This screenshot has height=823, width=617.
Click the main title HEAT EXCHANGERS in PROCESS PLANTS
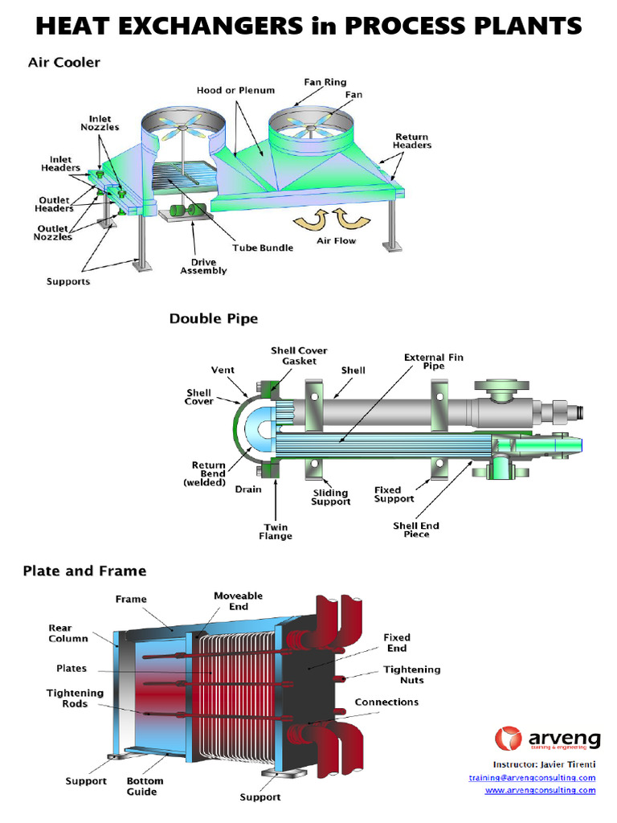pos(308,27)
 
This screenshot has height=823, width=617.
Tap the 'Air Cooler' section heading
pos(64,62)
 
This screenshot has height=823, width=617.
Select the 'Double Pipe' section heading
pos(214,319)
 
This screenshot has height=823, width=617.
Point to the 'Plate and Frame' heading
pos(84,571)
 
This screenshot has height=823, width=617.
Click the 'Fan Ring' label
pos(325,82)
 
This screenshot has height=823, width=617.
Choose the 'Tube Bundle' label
pos(263,248)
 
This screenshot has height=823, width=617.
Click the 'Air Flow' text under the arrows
pos(336,240)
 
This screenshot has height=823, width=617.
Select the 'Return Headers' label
pos(411,141)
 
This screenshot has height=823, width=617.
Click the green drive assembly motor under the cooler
pos(187,211)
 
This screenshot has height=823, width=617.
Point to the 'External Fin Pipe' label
pos(433,361)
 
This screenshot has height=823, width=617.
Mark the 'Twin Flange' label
pos(276,531)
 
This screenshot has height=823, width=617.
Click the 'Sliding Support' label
pos(331,497)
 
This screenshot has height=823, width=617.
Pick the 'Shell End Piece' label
pos(416,530)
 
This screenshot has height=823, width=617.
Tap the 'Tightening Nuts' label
pos(411,674)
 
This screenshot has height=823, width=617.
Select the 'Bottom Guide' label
pos(145,786)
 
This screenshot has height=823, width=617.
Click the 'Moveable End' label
pos(238,601)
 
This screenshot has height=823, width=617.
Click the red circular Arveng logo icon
pos(508,739)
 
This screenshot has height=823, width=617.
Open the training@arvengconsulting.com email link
pos(532,778)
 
